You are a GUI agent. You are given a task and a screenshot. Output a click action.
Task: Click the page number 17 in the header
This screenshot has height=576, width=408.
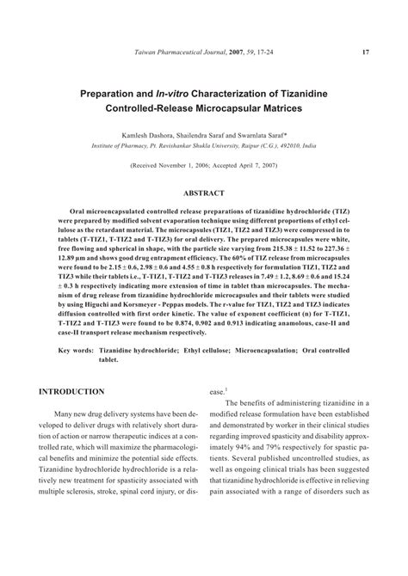point(366,52)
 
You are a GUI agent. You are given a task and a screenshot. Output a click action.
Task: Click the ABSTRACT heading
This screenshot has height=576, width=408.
point(204,194)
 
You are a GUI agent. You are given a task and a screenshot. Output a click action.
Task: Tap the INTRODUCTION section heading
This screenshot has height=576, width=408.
point(71,391)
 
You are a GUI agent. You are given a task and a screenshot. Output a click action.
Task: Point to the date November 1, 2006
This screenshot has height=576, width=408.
point(186,163)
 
